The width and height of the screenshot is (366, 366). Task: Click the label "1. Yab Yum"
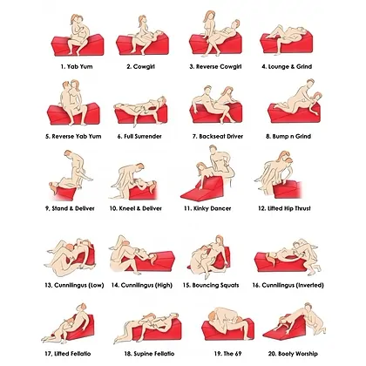(77, 66)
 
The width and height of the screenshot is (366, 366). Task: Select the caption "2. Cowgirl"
(140, 66)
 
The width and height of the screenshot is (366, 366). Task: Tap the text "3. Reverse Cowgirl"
(215, 66)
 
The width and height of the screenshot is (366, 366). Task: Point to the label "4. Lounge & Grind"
(287, 66)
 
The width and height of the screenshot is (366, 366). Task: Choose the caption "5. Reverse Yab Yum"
(73, 136)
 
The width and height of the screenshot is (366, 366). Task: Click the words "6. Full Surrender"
(139, 136)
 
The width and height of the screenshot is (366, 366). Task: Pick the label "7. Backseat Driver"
(218, 136)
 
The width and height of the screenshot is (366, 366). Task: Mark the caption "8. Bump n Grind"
(288, 136)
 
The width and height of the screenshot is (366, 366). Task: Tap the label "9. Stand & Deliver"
(70, 208)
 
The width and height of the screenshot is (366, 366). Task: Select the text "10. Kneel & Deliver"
(136, 208)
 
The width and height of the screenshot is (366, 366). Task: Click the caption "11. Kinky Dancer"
(207, 208)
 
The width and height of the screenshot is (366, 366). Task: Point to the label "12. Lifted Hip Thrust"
(284, 208)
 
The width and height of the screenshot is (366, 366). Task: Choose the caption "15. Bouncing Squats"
(211, 285)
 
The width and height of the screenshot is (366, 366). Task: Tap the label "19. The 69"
(227, 354)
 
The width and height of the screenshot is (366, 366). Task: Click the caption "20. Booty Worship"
(293, 354)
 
